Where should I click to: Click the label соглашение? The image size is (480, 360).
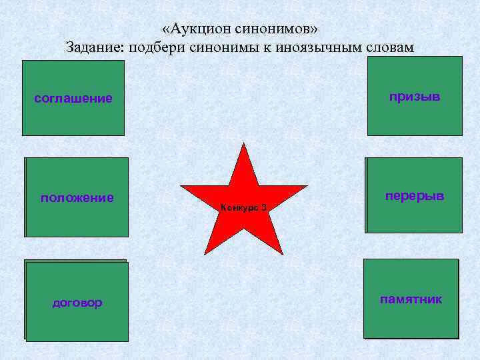73,99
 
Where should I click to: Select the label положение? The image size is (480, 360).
77,197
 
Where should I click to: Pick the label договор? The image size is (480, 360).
77,303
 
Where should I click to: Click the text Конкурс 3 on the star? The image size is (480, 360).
243,208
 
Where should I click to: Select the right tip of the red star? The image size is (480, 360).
307,186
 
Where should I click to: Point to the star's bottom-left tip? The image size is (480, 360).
205,254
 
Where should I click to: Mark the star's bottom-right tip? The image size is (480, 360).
283,254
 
